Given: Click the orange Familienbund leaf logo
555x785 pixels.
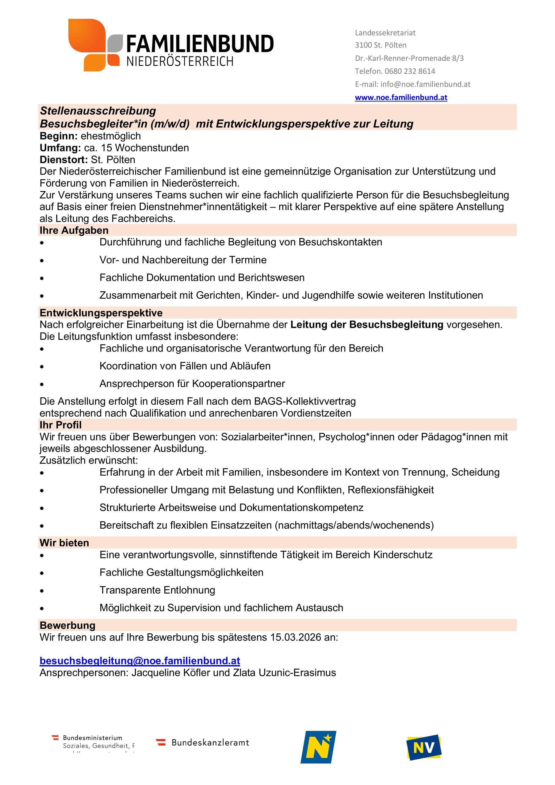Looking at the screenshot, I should [94, 45].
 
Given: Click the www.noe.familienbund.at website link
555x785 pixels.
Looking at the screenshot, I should [401, 98].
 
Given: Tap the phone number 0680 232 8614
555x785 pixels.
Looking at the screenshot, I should [410, 71].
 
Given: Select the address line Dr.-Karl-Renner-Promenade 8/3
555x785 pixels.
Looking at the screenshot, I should [409, 58].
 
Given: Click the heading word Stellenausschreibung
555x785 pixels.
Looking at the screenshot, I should [98, 111].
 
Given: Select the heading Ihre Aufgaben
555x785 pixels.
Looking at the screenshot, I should [74, 230].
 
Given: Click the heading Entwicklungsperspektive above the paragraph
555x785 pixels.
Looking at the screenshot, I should [101, 313].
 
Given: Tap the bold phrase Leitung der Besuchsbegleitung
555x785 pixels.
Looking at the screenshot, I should [367, 324].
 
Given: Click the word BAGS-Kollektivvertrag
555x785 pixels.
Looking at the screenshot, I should [305, 401].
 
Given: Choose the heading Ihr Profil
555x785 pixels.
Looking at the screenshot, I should [60, 425].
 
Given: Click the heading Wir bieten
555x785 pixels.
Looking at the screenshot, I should [64, 543].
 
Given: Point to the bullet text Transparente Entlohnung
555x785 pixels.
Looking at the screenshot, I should [157, 590].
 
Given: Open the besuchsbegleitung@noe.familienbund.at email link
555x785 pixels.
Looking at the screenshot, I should [140, 661].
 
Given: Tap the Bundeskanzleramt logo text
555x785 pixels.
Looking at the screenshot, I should [210, 743].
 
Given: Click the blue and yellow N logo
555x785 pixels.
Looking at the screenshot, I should [318, 747].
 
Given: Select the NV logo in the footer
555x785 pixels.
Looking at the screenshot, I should [424, 747].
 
